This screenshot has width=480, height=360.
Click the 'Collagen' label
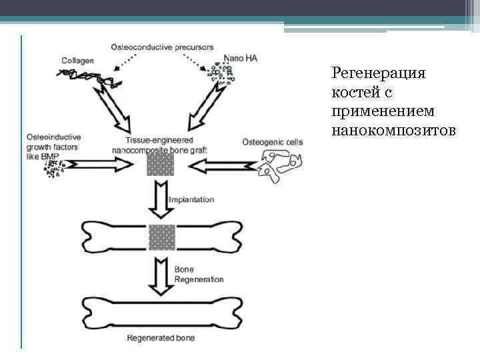coord(77,61)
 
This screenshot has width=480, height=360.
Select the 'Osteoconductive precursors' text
coord(162,47)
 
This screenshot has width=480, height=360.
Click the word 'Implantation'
coord(192,199)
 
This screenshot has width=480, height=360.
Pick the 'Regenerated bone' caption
coord(162,339)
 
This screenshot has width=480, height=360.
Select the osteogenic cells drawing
coord(279,165)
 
